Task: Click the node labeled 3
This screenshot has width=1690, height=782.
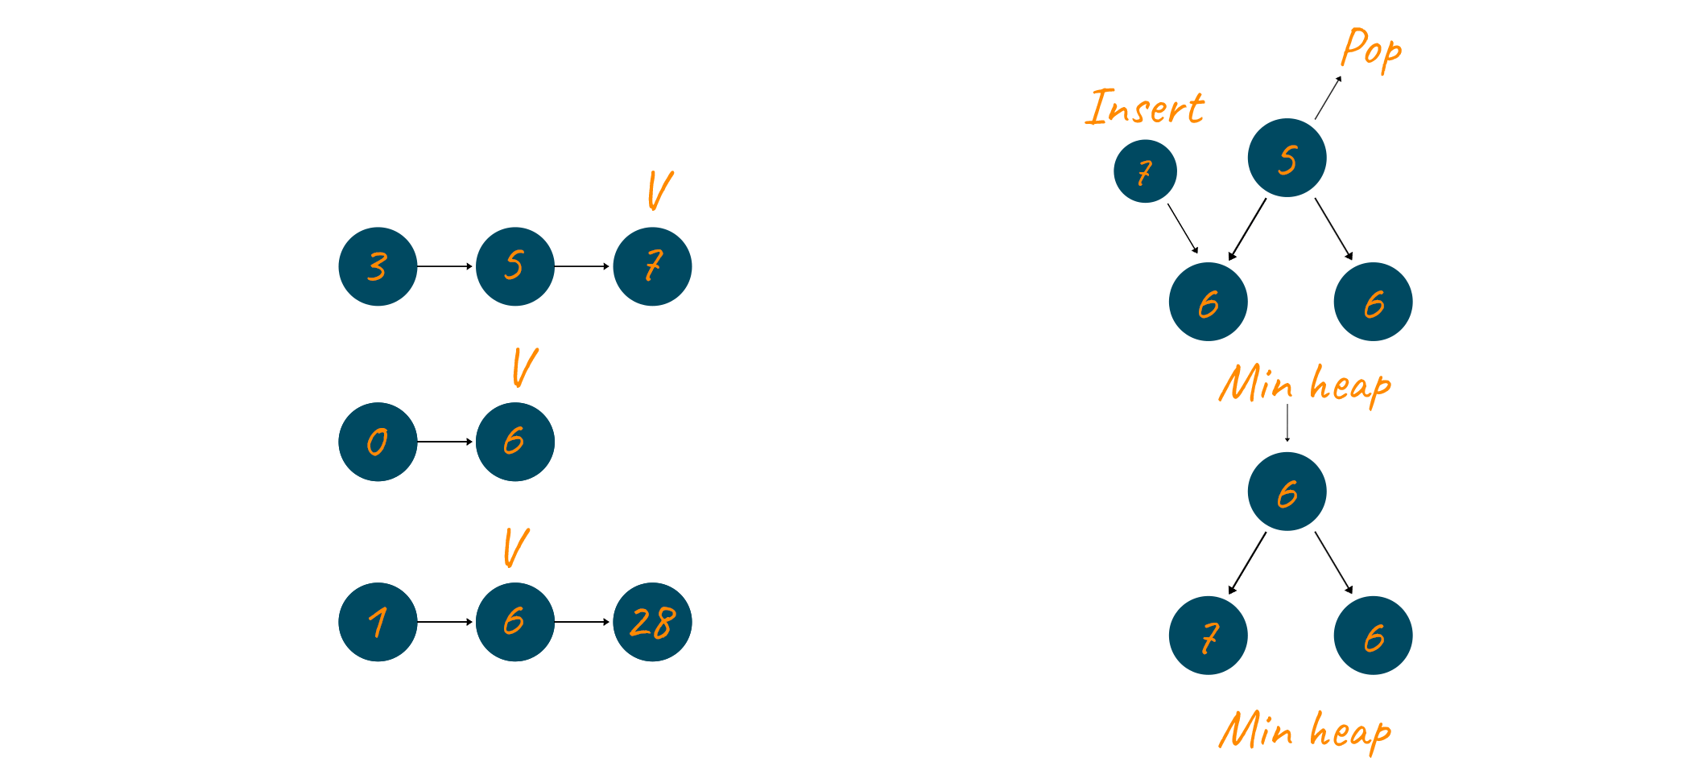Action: tap(378, 266)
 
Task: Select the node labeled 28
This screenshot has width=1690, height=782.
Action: tap(652, 622)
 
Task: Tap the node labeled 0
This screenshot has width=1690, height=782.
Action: tap(378, 442)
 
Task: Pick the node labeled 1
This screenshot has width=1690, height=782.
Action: tap(378, 622)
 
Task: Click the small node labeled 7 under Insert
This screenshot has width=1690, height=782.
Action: tap(1145, 171)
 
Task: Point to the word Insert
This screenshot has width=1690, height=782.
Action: tap(1145, 108)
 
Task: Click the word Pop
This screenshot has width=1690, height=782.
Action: tap(1371, 50)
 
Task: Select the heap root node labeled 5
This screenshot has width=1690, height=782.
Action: tap(1287, 158)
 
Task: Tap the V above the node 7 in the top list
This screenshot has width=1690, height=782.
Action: tap(659, 191)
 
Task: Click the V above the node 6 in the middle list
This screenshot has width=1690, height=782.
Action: tap(524, 368)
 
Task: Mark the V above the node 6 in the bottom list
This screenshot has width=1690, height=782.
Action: tap(516, 548)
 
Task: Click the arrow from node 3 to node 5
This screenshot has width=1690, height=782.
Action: tap(445, 266)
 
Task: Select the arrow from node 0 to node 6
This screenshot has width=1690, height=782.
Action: tap(445, 442)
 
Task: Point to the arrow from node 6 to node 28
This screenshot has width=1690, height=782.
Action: tap(582, 622)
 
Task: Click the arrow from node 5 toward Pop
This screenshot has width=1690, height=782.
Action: tap(1328, 97)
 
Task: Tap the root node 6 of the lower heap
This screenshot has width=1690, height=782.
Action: tap(1287, 492)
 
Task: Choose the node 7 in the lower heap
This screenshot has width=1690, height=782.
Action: tap(1208, 636)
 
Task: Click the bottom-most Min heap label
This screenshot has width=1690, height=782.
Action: tap(1304, 731)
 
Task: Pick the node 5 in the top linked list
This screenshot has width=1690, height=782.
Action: tap(515, 266)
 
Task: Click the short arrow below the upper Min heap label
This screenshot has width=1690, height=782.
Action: tap(1287, 423)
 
